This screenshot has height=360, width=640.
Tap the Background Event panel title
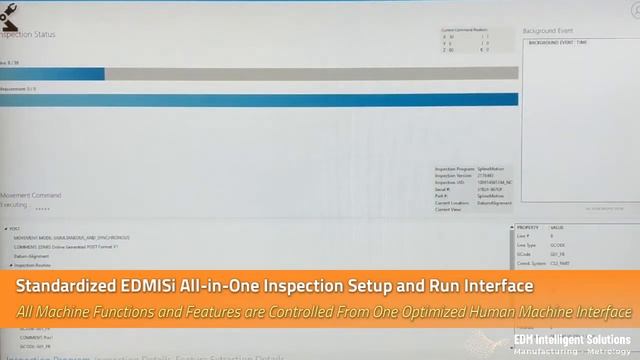[x=549, y=32]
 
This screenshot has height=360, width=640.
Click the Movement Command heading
[x=31, y=195]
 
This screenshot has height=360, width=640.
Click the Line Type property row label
[x=528, y=245]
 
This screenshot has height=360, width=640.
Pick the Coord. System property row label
[x=530, y=263]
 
